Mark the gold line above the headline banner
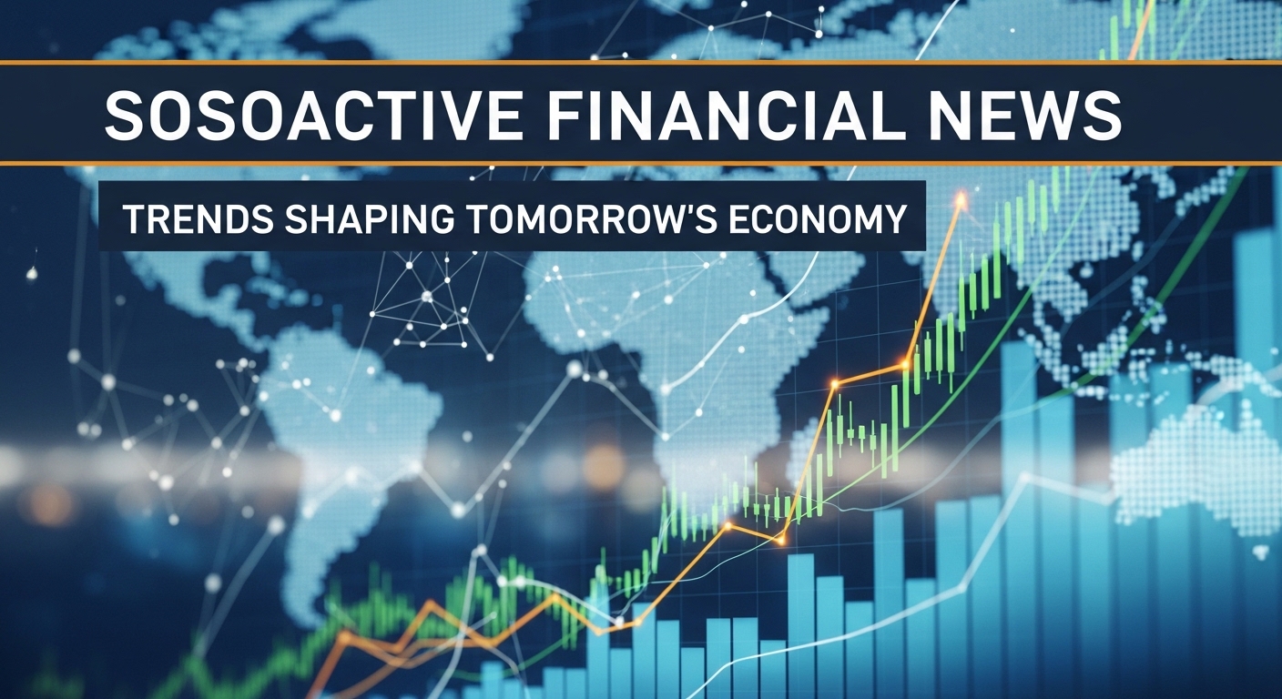point(641,63)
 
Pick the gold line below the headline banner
point(641,164)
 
